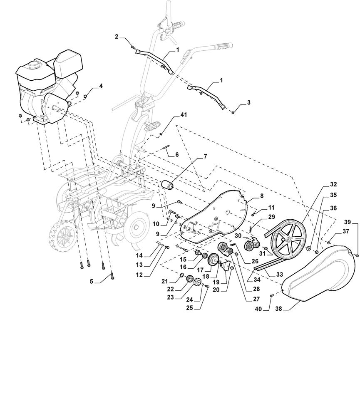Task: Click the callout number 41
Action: (x=184, y=115)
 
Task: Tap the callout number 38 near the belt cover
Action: (x=278, y=309)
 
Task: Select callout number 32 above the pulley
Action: (x=333, y=184)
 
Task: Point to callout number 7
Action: (x=204, y=156)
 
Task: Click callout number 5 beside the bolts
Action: (x=92, y=282)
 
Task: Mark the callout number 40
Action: (x=258, y=309)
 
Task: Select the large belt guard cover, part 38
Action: (x=318, y=274)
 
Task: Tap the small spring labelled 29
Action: (x=251, y=228)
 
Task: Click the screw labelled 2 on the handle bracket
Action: (x=133, y=47)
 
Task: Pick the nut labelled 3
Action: (x=233, y=113)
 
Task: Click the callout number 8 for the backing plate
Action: (x=262, y=196)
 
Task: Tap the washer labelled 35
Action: (x=308, y=249)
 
